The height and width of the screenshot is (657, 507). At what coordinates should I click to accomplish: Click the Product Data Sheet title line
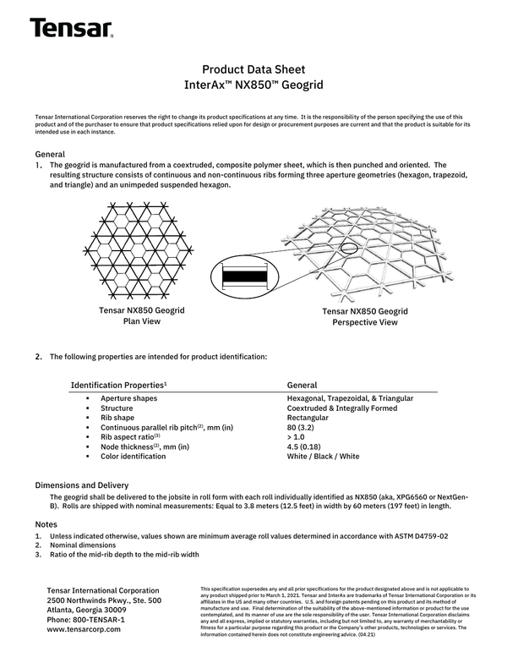point(253,69)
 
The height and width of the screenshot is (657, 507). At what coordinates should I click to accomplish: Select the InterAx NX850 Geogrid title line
point(253,85)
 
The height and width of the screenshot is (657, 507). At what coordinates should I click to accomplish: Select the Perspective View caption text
point(365,317)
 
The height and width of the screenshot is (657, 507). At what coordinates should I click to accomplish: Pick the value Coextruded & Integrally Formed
point(343,408)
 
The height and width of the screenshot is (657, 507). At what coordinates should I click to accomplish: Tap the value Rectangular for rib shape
point(308,418)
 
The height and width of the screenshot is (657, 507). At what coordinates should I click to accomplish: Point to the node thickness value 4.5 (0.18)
point(307,447)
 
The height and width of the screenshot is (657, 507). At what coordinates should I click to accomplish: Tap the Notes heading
point(46,525)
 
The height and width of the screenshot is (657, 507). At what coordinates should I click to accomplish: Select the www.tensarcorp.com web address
point(84,630)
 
